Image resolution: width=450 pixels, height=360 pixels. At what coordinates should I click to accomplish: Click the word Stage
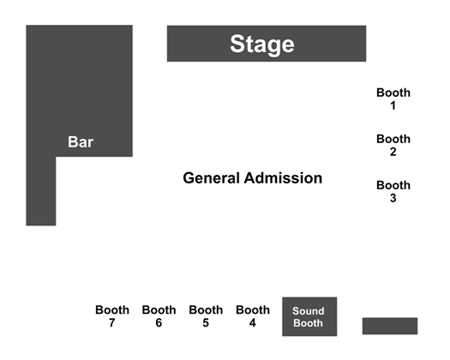tap(262, 44)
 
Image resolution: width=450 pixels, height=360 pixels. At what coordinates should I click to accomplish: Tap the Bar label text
tap(81, 141)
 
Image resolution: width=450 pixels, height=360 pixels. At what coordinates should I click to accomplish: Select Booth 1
tap(394, 98)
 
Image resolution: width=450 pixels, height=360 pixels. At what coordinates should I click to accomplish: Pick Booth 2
tap(394, 144)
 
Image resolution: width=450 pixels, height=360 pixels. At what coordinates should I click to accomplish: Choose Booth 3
tap(394, 191)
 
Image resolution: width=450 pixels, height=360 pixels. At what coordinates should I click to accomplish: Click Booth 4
tap(253, 316)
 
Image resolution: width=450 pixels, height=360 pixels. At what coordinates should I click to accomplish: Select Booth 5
tap(206, 316)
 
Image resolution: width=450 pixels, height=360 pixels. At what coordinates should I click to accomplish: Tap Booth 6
tap(159, 316)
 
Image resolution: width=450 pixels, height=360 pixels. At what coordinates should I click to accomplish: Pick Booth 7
tap(112, 316)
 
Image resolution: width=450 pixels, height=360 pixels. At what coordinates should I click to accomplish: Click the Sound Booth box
tap(309, 316)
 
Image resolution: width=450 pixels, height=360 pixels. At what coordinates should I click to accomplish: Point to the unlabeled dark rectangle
tap(390, 326)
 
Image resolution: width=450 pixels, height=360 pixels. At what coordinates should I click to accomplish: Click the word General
tap(212, 178)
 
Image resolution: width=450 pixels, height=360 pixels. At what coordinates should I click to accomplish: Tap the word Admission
tap(283, 178)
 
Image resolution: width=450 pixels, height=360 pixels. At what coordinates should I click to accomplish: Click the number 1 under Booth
tap(393, 105)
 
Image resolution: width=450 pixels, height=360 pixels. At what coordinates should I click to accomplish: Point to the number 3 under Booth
tap(393, 198)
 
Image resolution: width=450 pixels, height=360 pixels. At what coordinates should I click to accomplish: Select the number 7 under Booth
tap(112, 323)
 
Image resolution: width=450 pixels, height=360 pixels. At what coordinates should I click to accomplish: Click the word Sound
tap(309, 311)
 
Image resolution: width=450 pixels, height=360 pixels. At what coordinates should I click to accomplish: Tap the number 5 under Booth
tap(206, 323)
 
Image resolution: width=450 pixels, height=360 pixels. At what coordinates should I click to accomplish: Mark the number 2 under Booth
tap(393, 152)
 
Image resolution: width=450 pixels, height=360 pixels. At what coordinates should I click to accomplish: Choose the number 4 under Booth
tap(253, 323)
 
